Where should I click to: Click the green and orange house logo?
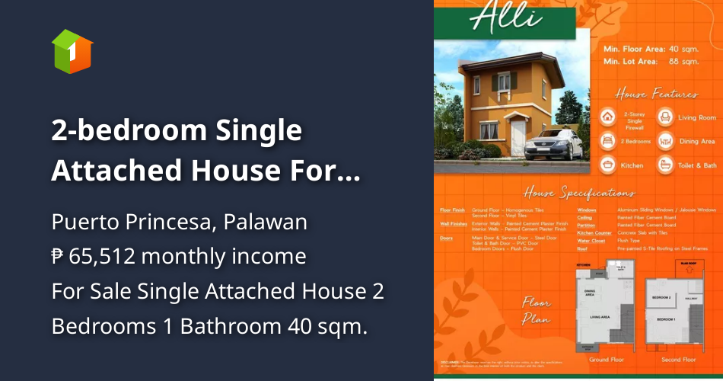(72, 52)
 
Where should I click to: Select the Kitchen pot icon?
(608, 165)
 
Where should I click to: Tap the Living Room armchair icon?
(665, 117)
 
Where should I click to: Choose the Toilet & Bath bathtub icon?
(665, 165)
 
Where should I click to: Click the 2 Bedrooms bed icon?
(608, 141)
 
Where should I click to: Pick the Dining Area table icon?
(665, 141)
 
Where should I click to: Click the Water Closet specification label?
(591, 240)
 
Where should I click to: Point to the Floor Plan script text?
(537, 311)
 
